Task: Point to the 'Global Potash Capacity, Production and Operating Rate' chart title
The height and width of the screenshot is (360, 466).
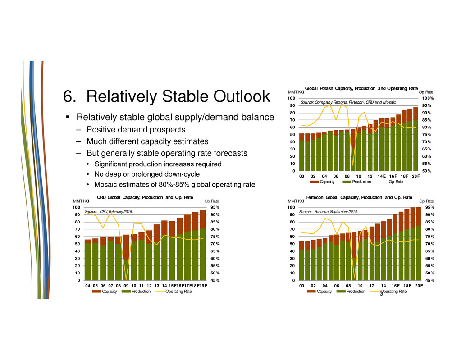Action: (362, 88)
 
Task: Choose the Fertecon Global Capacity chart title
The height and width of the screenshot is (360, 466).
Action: (359, 197)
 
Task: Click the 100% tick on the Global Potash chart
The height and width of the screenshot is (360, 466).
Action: (428, 98)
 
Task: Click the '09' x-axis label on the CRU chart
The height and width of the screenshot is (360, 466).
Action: (126, 285)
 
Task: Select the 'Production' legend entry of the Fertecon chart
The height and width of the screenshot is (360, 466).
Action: (356, 292)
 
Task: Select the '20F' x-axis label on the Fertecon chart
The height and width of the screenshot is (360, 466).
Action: (419, 285)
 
